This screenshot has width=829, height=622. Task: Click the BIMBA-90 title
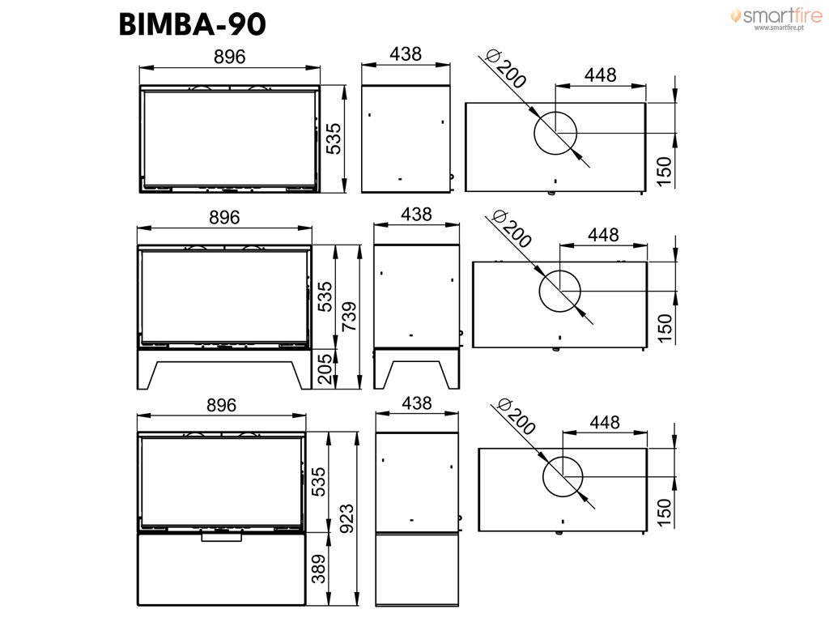193,24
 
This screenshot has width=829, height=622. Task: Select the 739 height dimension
348,317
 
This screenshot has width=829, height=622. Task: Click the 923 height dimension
346,519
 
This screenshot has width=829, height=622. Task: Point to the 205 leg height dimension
325,369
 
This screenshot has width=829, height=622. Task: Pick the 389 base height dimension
319,569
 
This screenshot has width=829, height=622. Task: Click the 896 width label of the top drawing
229,57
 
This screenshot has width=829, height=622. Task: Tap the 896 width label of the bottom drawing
221,405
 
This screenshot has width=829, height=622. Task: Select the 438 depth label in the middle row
416,214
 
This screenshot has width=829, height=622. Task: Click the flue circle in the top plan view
555,112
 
